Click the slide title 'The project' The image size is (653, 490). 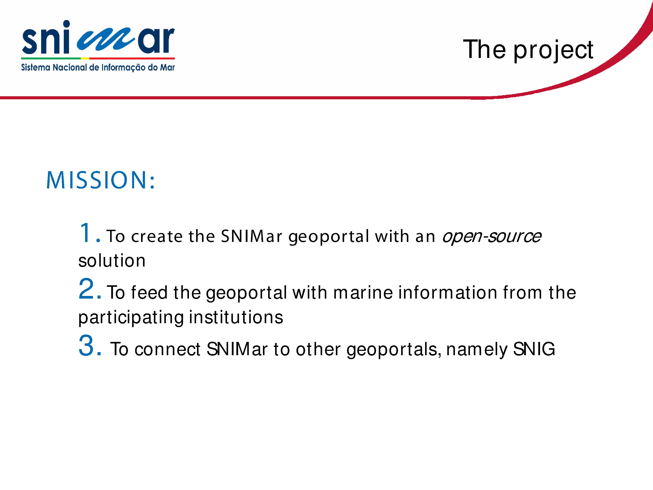tap(528, 50)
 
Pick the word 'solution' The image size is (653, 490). tap(112, 260)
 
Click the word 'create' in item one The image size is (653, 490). tap(157, 237)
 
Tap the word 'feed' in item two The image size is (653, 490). tap(149, 292)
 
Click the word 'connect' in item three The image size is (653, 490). tap(167, 349)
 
